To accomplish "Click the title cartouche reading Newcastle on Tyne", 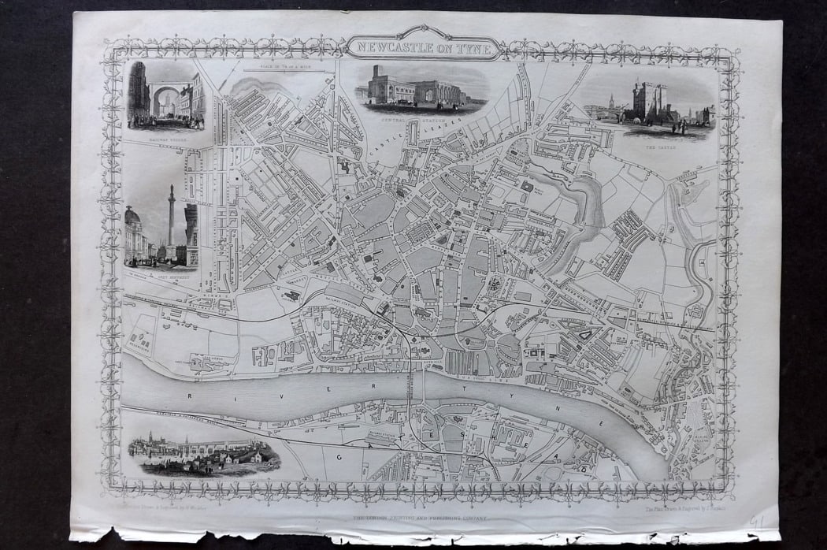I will tap(425, 46).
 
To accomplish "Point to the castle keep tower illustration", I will tap(652, 102).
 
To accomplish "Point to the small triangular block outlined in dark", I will tap(584, 335).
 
